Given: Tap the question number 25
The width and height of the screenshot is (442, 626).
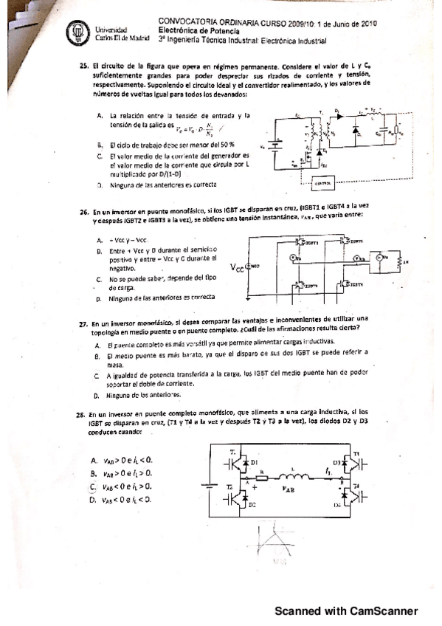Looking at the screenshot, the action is [x=83, y=66].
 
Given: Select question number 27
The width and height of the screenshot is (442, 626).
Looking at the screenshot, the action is [x=83, y=323].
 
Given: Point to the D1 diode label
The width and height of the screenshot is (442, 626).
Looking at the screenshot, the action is [x=255, y=463].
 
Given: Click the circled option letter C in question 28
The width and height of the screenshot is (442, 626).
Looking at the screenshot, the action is [x=93, y=486].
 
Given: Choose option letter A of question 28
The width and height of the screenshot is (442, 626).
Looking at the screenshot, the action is [x=93, y=460].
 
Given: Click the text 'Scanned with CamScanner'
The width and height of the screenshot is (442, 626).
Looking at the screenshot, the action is [x=346, y=610].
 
